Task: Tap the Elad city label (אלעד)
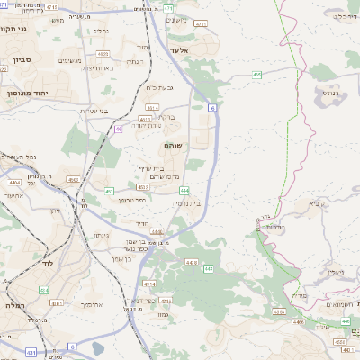point(177,50)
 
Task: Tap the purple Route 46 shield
point(118,129)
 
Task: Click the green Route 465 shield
point(256,75)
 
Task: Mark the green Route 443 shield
point(208,268)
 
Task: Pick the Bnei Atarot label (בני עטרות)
point(94,111)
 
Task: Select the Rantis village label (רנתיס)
point(330,92)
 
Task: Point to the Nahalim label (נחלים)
point(99,31)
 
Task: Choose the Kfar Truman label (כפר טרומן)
point(134,200)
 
